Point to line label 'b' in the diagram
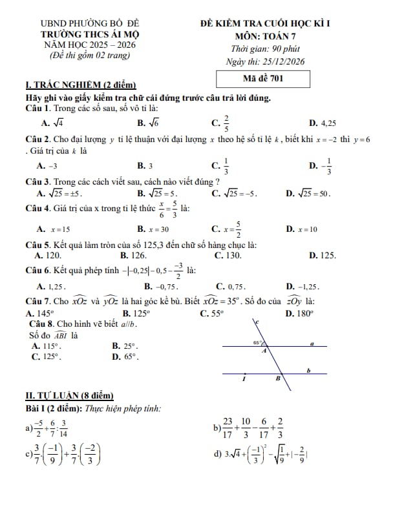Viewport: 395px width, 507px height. pos(309,370)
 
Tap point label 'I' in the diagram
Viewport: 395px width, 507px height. pos(244,380)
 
